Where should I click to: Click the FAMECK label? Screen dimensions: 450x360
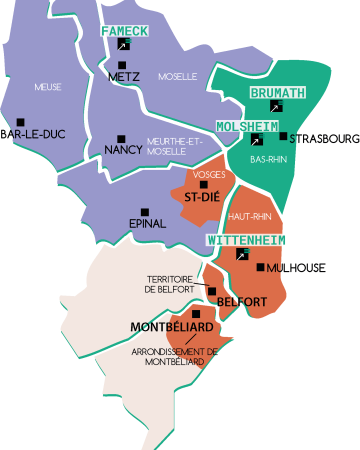pyautogui.click(x=124, y=31)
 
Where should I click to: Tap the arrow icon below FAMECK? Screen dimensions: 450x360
pyautogui.click(x=123, y=45)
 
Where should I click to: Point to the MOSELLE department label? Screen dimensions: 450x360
pyautogui.click(x=178, y=76)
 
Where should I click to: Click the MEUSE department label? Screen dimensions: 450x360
pyautogui.click(x=48, y=87)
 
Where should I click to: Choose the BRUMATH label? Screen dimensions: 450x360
pyautogui.click(x=277, y=92)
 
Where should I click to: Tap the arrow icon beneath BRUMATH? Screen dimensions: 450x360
pyautogui.click(x=278, y=105)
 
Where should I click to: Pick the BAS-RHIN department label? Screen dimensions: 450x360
pyautogui.click(x=267, y=159)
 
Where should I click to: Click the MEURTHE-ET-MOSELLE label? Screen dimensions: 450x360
pyautogui.click(x=174, y=146)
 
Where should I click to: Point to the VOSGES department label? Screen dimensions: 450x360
pyautogui.click(x=208, y=175)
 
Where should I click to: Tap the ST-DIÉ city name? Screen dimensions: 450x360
pyautogui.click(x=202, y=198)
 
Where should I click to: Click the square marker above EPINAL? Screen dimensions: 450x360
pyautogui.click(x=145, y=211)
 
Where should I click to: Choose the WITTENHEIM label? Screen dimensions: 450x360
pyautogui.click(x=246, y=241)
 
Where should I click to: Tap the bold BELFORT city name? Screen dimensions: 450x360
pyautogui.click(x=241, y=302)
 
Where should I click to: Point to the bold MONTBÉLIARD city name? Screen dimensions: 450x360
pyautogui.click(x=171, y=328)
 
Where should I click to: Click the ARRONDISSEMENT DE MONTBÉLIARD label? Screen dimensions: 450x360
pyautogui.click(x=174, y=357)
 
